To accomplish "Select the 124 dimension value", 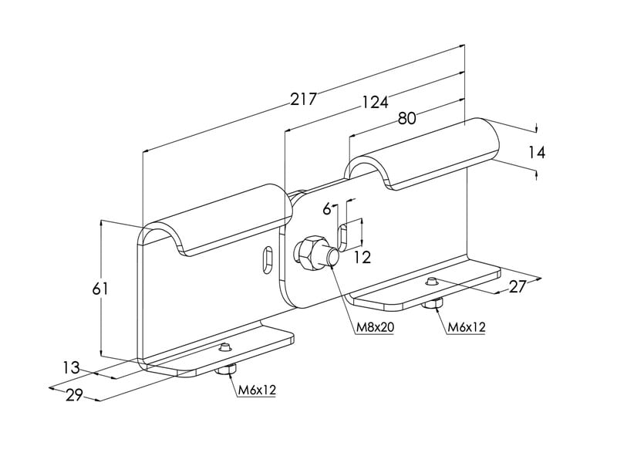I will [373, 101].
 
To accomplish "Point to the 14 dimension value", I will [537, 153].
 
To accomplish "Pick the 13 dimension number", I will [71, 368].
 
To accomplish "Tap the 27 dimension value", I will [518, 287].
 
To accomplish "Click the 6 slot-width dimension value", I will [327, 209].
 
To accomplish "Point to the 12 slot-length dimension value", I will [362, 258].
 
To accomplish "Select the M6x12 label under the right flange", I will [467, 327].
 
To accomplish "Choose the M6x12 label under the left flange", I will [257, 390].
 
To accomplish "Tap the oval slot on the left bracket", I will [266, 258].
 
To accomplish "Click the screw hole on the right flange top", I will [433, 282].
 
